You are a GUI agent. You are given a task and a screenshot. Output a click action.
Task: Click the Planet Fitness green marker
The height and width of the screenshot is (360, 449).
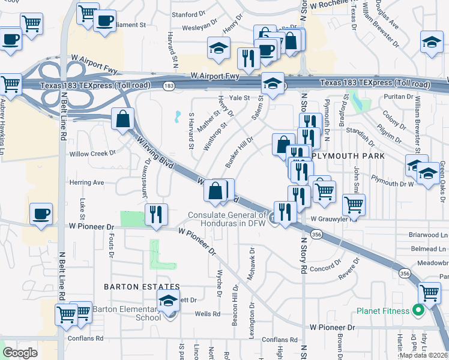click(419, 310)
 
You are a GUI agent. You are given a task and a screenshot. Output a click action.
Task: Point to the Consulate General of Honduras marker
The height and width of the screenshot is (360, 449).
click(273, 220)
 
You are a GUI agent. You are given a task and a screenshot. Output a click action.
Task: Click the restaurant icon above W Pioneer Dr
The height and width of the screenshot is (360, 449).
click(156, 214)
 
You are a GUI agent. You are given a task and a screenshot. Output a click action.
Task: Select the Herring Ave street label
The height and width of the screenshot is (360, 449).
click(86, 182)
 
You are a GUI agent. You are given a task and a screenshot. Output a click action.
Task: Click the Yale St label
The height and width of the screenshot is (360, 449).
click(239, 97)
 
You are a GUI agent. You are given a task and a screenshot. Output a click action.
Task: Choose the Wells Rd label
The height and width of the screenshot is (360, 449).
click(207, 313)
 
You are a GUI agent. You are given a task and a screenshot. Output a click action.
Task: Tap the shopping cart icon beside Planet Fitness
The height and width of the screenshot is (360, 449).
click(430, 292)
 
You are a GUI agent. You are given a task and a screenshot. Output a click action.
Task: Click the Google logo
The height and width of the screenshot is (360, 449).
click(20, 353)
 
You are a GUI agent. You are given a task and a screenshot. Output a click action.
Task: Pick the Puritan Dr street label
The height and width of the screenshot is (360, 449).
click(399, 96)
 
